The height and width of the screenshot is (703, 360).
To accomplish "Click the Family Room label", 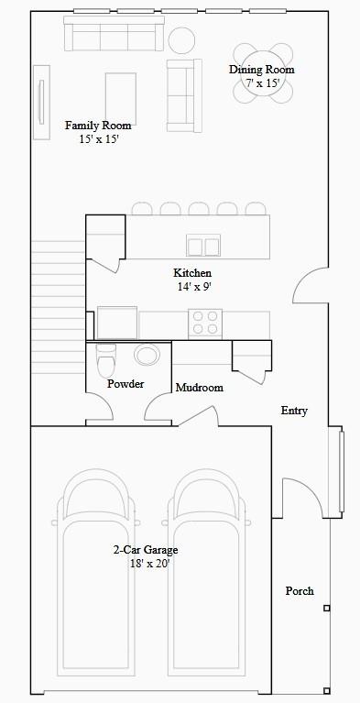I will pos(98,126).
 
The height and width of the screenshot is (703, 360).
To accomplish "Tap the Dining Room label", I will pos(262,70).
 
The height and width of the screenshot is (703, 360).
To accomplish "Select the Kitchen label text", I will pos(192,273).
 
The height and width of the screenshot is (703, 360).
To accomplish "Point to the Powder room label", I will pos(125,384).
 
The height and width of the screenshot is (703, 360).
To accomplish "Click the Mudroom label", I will pos(199,388).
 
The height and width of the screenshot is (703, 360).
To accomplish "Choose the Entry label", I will pos(294,411).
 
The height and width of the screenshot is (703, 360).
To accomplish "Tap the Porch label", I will pos(300,591).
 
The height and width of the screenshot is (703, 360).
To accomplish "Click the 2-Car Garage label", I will pos(146,550).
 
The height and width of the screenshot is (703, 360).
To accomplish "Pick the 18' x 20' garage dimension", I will pos(149,564).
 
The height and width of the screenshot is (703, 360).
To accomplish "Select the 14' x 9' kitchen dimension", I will pos(195,287).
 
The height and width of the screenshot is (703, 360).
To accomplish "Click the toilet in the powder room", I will pos(106,360).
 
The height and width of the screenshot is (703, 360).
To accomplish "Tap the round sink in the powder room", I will pos(146,355).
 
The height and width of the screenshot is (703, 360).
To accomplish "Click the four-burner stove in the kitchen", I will pos(205,324).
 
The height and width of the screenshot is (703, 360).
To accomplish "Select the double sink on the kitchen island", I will pos(203,246).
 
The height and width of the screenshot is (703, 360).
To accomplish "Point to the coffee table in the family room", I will pos(122,94).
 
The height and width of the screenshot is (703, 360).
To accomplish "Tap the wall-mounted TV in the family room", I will pos(40,101).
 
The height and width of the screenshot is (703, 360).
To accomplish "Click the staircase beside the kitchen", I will pos(59,302).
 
